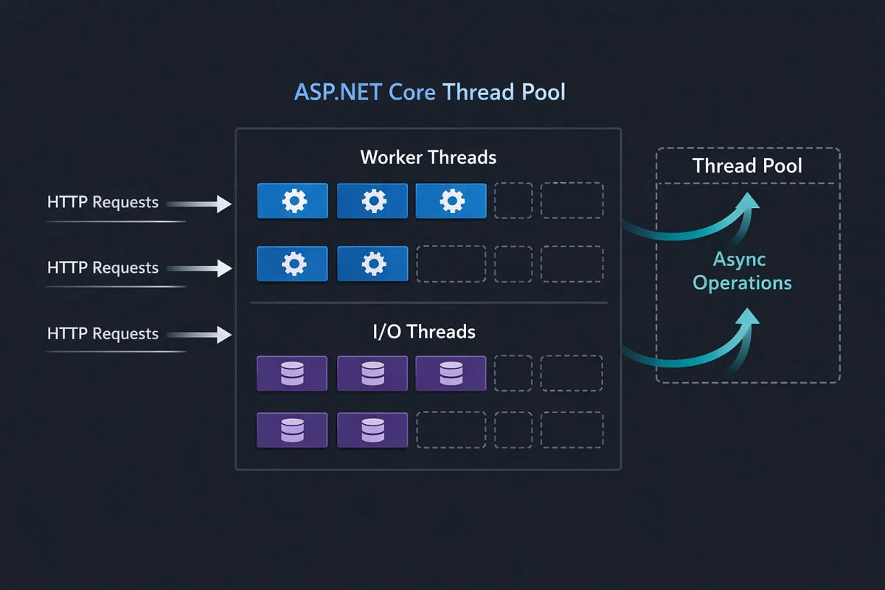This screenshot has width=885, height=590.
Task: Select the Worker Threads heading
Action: (428, 157)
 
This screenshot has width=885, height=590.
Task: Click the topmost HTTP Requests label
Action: (103, 202)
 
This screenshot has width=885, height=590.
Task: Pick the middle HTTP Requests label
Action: (103, 268)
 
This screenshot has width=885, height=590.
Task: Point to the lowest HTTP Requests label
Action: (103, 334)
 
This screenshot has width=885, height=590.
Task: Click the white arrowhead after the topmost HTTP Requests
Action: (224, 204)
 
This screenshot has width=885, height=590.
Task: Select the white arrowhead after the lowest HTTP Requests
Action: (224, 336)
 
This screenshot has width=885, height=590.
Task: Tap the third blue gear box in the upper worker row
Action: (451, 201)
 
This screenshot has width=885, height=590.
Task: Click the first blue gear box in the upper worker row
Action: (292, 201)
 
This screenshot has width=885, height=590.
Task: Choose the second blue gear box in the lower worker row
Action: (372, 264)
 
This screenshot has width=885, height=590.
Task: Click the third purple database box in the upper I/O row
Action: (451, 373)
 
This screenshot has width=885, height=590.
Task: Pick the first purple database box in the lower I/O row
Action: (292, 430)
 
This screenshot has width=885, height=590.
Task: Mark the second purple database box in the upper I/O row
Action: (372, 373)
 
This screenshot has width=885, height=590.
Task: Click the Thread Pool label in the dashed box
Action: (747, 165)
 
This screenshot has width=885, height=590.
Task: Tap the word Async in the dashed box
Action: (739, 260)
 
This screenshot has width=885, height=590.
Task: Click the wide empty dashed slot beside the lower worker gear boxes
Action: (451, 264)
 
